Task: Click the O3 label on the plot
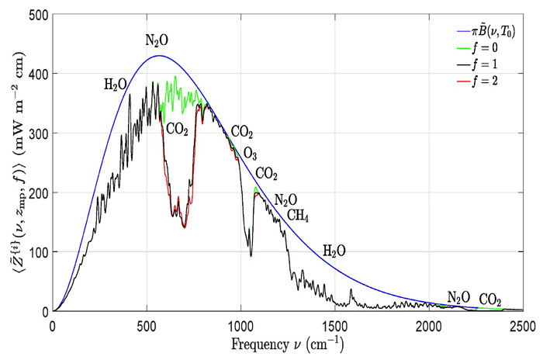250,152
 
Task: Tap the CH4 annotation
298,215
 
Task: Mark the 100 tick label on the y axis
37,252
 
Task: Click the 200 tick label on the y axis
37,192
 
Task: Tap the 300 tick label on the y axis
37,133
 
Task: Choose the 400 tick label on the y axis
37,74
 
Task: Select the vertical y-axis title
13,163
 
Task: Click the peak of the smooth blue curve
159,56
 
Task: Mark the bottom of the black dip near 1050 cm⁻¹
250,256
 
